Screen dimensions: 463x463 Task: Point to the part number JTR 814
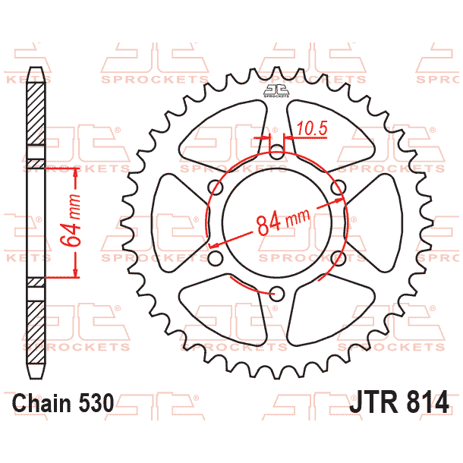399,402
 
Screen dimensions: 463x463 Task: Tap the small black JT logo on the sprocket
276,92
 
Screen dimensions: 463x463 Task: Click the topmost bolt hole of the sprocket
277,150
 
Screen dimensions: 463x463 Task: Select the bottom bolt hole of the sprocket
277,294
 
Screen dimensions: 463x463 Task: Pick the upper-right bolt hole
339,187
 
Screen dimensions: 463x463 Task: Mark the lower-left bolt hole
215,260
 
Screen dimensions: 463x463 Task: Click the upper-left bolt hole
215,187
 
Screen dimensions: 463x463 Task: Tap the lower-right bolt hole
339,258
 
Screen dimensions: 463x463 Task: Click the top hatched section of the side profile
35,114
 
